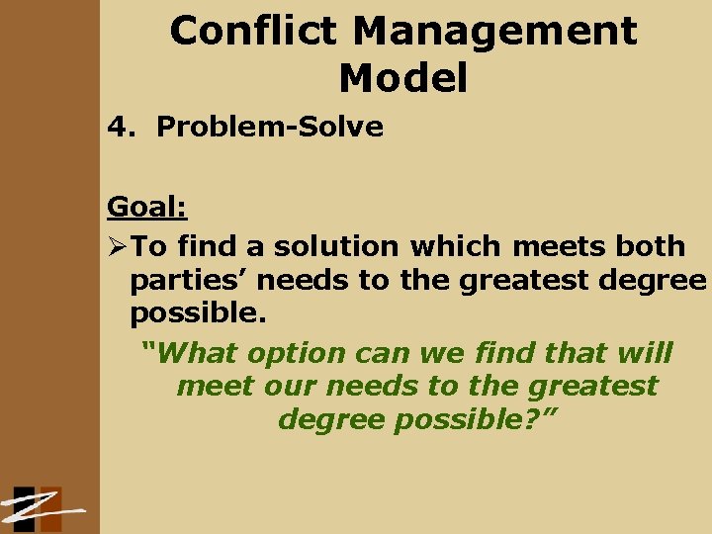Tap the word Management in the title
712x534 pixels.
click(495, 32)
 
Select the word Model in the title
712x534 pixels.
click(402, 78)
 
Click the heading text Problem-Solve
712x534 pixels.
click(270, 127)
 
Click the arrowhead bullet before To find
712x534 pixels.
click(118, 245)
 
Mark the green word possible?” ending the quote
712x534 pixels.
click(477, 419)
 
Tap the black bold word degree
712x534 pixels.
click(651, 281)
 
